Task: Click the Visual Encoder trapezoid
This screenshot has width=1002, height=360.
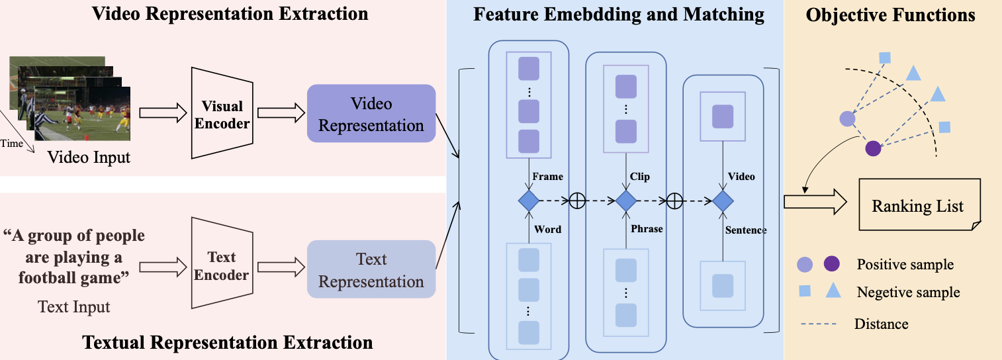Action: pyautogui.click(x=222, y=114)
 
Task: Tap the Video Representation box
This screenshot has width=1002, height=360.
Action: pyautogui.click(x=371, y=114)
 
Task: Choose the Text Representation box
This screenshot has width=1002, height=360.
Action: pyautogui.click(x=371, y=270)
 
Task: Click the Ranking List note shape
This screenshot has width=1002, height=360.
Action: pyautogui.click(x=917, y=205)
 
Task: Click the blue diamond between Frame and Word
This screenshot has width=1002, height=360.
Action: pyautogui.click(x=529, y=200)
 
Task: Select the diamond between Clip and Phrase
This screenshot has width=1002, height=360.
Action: pyautogui.click(x=625, y=200)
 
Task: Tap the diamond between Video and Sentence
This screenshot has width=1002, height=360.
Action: pyautogui.click(x=722, y=200)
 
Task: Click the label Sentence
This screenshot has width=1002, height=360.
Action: pyautogui.click(x=745, y=230)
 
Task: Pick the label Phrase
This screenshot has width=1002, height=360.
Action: pyautogui.click(x=647, y=229)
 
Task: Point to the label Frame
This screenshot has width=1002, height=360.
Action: pyautogui.click(x=547, y=177)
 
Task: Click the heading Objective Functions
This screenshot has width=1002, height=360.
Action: pyautogui.click(x=890, y=15)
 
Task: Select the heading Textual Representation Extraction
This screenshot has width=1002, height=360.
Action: pyautogui.click(x=227, y=343)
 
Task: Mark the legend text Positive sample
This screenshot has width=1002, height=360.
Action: pyautogui.click(x=905, y=265)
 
